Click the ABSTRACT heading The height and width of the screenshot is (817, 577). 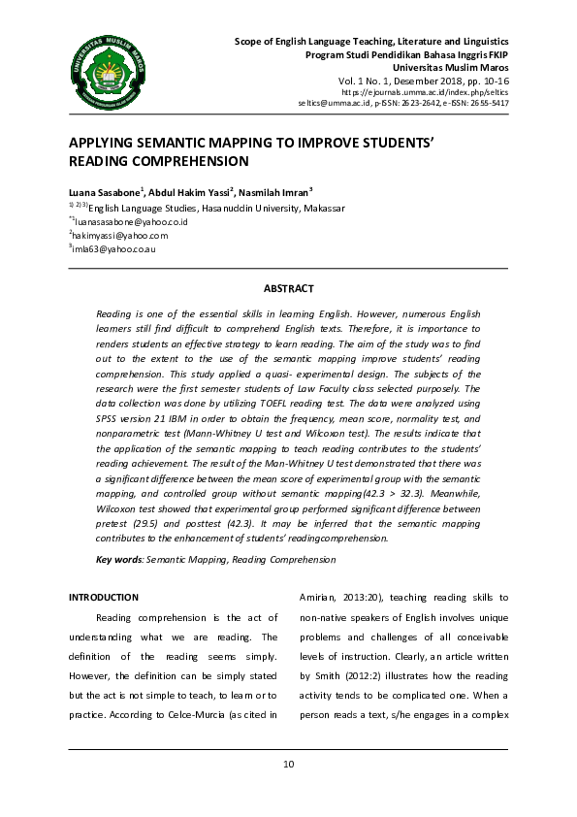click(x=288, y=288)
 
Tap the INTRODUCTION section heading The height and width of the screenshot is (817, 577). click(x=103, y=597)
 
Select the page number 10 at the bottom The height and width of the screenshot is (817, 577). click(x=288, y=765)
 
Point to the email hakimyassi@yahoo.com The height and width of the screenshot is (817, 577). click(x=120, y=235)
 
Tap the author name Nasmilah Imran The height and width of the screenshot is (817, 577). click(x=272, y=192)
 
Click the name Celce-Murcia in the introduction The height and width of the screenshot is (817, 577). click(x=208, y=714)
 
